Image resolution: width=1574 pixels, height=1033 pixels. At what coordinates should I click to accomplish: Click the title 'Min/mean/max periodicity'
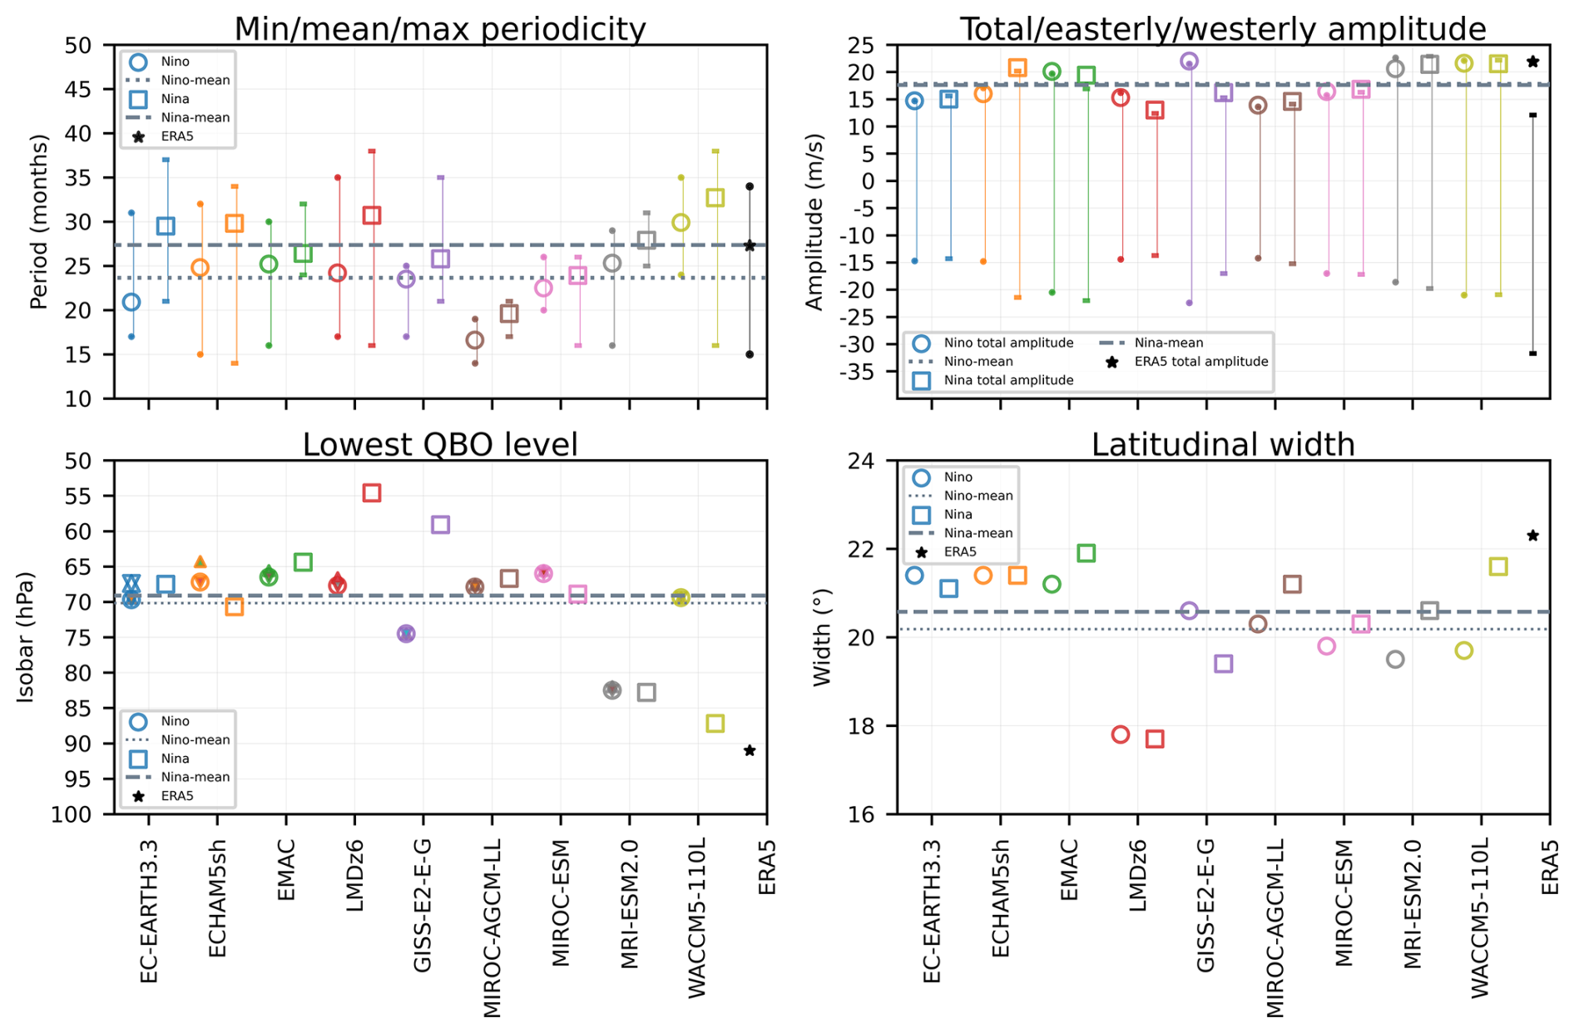tap(439, 29)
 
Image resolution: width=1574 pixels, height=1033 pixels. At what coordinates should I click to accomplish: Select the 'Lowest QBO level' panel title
tap(439, 445)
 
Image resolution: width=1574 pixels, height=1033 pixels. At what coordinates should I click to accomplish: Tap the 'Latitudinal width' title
tap(1223, 445)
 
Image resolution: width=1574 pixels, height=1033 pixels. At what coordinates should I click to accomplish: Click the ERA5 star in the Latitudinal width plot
tap(1533, 536)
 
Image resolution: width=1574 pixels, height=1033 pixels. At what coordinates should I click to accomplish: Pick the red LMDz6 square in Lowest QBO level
tap(372, 493)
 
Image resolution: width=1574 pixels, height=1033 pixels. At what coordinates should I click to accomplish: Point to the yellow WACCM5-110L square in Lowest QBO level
tap(715, 724)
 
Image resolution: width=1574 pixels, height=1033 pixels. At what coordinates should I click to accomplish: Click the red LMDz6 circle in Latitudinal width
tap(1121, 734)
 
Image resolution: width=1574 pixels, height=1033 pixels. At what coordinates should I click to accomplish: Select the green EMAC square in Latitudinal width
tap(1086, 553)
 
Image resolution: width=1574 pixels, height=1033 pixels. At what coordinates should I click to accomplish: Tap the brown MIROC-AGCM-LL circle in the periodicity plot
tap(475, 340)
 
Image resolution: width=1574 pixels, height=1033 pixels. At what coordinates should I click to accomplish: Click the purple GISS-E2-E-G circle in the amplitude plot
tap(1189, 62)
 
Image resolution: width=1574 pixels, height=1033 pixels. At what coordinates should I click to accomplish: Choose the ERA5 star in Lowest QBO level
tap(750, 751)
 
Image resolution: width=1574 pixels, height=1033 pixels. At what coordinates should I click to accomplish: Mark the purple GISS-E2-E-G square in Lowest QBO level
tap(440, 525)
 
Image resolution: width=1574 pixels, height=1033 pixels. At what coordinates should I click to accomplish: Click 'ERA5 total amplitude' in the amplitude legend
tap(1200, 362)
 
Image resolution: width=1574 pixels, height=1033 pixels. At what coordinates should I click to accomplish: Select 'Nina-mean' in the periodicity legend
tap(195, 117)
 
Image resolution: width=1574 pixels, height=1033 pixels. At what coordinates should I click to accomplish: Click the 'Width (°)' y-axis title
tap(822, 637)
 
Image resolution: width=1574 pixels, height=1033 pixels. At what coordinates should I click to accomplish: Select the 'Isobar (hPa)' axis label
tap(26, 637)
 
